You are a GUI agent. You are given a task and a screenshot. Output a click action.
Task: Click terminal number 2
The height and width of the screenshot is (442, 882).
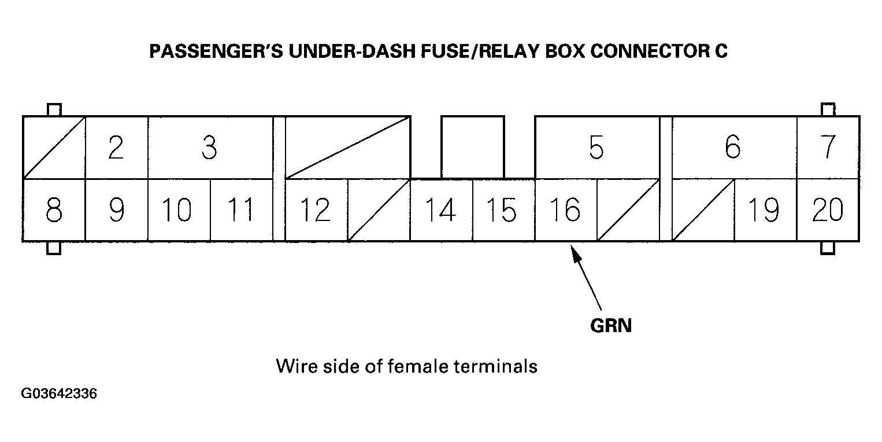116,148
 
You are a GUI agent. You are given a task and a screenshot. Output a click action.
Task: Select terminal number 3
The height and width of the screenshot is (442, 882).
209,148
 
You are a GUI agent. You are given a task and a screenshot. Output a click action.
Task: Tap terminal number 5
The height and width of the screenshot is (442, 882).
596,148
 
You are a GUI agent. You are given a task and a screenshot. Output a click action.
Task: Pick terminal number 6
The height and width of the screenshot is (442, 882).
733,148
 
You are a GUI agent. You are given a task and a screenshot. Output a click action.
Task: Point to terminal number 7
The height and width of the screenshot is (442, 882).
828,148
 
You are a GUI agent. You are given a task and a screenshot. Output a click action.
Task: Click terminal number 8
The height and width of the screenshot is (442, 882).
54,210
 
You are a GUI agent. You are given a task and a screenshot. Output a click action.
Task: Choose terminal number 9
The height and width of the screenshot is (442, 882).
116,210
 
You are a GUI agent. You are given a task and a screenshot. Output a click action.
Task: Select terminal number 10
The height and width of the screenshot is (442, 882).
179,210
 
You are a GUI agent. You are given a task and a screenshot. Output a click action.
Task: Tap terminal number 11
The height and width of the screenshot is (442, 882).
241,210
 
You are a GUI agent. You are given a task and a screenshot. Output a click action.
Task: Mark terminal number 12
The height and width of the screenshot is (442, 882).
316,210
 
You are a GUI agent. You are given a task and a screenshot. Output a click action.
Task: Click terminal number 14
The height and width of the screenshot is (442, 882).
441,210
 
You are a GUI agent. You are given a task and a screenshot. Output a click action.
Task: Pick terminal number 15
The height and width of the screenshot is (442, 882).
503,210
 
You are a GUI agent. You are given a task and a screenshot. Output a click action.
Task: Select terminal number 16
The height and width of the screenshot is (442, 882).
565,210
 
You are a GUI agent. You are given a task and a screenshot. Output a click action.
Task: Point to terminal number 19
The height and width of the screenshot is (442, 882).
764,210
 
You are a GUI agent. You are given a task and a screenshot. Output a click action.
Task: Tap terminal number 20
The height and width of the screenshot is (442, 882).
828,210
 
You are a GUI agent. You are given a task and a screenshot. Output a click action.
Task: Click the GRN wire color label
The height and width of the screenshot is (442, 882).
611,326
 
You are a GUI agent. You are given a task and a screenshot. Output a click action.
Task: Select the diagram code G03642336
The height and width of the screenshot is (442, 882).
59,394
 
